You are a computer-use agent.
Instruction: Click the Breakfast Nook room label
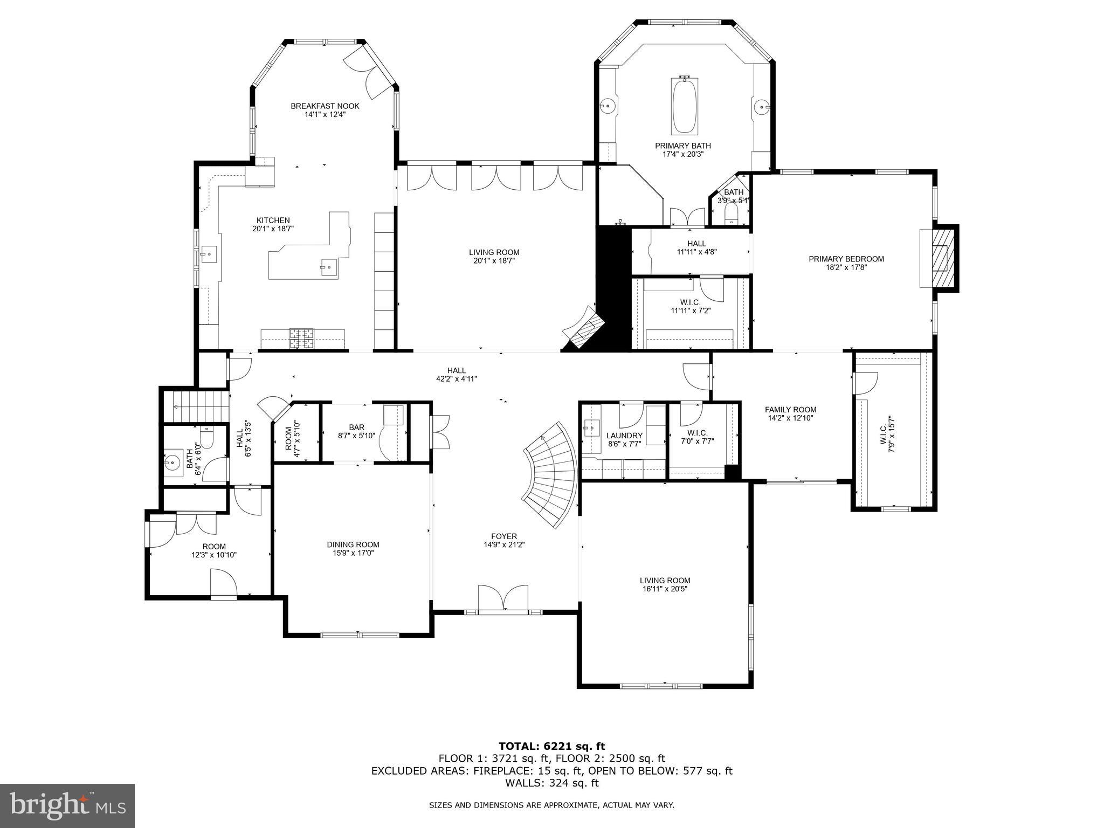(x=325, y=106)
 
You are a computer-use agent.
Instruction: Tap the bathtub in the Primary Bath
(x=685, y=106)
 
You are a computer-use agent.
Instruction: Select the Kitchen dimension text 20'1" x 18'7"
(x=273, y=229)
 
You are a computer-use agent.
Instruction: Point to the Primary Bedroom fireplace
(x=941, y=258)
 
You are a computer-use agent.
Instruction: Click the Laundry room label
(x=624, y=436)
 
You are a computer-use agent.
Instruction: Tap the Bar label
(x=356, y=427)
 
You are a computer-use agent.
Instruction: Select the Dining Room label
(x=353, y=544)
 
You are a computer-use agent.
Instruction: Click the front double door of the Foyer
(x=503, y=598)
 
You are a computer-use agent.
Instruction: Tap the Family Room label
(x=790, y=410)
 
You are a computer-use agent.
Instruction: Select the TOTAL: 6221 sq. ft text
(x=551, y=746)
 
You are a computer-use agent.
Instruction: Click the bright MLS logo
(x=67, y=806)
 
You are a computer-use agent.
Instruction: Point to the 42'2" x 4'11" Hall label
(x=456, y=374)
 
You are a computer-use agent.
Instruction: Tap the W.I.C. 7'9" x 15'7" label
(x=887, y=434)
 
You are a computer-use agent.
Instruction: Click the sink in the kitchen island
(x=328, y=266)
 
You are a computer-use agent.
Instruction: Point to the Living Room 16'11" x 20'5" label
(x=665, y=584)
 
